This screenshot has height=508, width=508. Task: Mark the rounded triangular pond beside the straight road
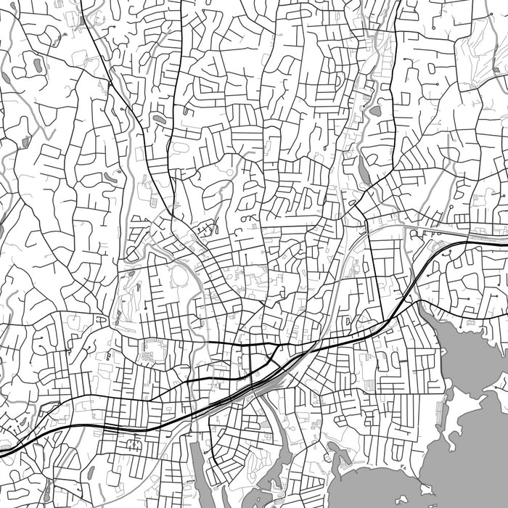tap(375, 111)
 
